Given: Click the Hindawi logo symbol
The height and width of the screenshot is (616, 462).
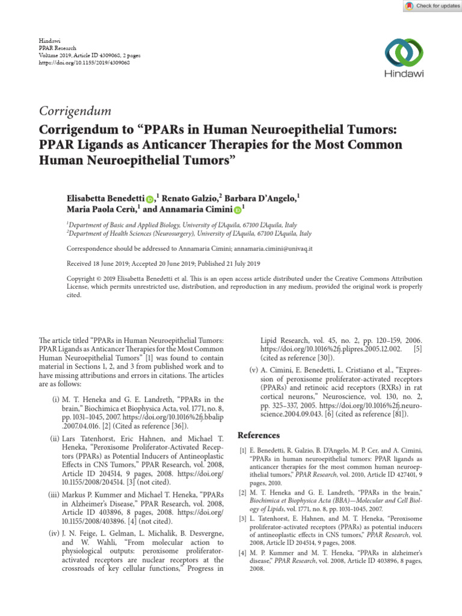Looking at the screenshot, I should pyautogui.click(x=404, y=52).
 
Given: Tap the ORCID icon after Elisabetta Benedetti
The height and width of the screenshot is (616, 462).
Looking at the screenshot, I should pyautogui.click(x=150, y=199).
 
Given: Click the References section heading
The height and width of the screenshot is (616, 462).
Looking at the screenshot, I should pyautogui.click(x=259, y=435).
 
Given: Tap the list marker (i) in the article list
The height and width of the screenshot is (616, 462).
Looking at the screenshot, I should pyautogui.click(x=56, y=399).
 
